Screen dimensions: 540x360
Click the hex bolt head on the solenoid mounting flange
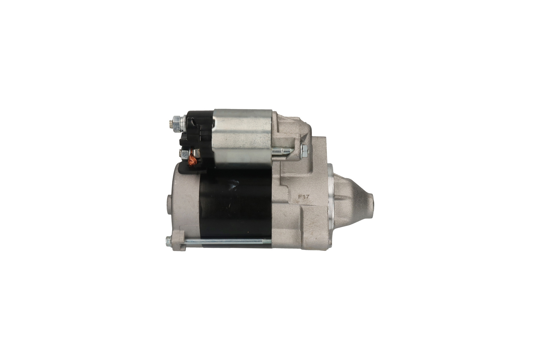click(304, 151)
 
